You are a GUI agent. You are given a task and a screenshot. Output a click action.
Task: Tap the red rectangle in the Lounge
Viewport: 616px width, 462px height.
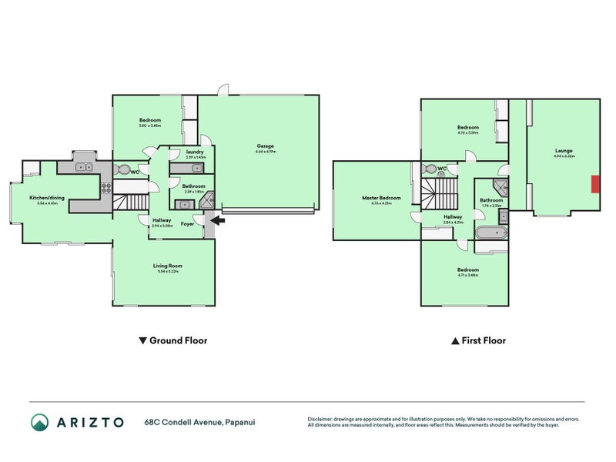[x=595, y=185]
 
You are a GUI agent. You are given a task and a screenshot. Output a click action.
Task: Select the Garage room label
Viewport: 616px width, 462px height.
[x=265, y=146]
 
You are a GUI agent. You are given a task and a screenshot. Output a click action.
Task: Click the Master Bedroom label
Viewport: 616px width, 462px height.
[x=381, y=198]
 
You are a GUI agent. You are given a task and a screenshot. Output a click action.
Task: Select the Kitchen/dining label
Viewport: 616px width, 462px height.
[x=47, y=198]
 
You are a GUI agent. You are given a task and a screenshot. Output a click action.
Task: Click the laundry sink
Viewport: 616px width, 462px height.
[x=177, y=168]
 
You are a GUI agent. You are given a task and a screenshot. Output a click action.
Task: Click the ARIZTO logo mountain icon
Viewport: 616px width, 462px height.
[x=40, y=422]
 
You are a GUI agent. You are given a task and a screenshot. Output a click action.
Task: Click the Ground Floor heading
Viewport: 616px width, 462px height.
[x=178, y=340]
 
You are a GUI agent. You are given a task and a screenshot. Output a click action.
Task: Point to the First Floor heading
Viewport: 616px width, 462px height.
[x=483, y=340]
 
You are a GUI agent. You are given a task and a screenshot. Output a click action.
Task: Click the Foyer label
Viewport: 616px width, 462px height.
[x=187, y=224]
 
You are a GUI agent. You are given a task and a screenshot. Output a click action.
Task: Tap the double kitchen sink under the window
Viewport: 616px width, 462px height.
[x=82, y=166]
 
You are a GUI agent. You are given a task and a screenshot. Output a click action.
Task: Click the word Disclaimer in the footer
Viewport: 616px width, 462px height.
[x=322, y=419]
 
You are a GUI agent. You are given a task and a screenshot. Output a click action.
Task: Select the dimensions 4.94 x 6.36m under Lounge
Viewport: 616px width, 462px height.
[x=564, y=156]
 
